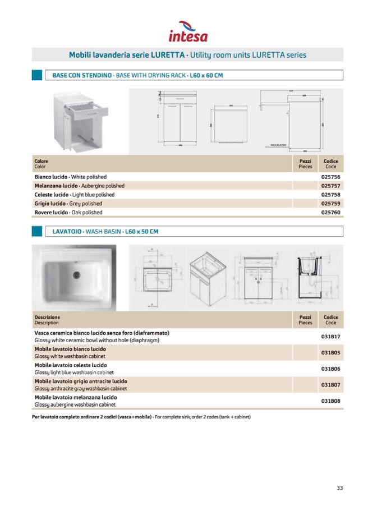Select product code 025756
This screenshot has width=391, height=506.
pyautogui.click(x=330, y=177)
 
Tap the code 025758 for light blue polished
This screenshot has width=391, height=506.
pyautogui.click(x=330, y=195)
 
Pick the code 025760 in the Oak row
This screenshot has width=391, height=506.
pyautogui.click(x=330, y=213)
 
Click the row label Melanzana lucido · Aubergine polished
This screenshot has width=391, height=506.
pyautogui.click(x=79, y=186)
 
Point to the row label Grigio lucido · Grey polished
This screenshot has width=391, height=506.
pyautogui.click(x=68, y=204)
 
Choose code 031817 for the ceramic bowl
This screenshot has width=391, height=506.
pyautogui.click(x=330, y=337)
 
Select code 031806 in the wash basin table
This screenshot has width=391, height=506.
pyautogui.click(x=330, y=369)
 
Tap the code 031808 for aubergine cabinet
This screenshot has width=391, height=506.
pyautogui.click(x=330, y=401)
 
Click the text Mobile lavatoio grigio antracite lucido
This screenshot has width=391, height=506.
pyautogui.click(x=80, y=381)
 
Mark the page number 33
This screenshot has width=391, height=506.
pyautogui.click(x=340, y=487)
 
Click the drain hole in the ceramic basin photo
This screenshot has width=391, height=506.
pyautogui.click(x=77, y=274)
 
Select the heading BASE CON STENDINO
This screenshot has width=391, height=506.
pyautogui.click(x=81, y=75)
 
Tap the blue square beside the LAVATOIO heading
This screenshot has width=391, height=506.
pyautogui.click(x=37, y=231)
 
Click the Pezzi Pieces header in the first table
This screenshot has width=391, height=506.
pyautogui.click(x=305, y=163)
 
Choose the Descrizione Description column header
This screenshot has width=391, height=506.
pyautogui.click(x=47, y=320)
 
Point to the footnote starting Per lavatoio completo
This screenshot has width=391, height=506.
pyautogui.click(x=141, y=417)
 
